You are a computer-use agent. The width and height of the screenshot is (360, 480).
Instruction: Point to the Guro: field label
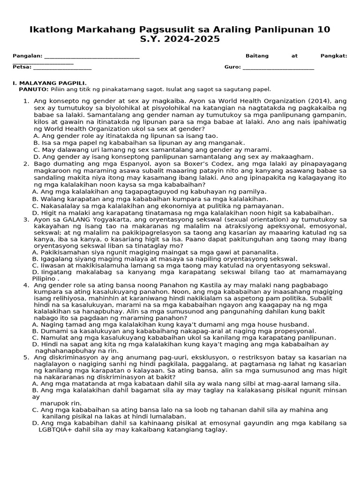(232, 67)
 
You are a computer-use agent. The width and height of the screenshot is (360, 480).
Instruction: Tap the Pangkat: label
(334, 56)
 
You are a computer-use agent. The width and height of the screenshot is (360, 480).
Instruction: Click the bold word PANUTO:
(33, 89)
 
